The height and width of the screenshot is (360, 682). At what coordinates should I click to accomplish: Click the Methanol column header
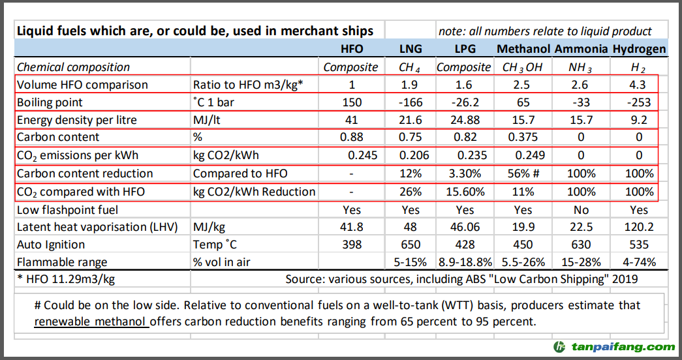tap(523, 49)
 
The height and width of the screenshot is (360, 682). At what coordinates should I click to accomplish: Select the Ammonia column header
tap(581, 49)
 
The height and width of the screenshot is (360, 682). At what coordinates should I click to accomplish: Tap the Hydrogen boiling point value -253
tap(640, 102)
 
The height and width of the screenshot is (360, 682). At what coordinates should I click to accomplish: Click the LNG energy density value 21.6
tap(411, 120)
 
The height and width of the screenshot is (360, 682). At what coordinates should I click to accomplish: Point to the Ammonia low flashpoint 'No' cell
tap(581, 209)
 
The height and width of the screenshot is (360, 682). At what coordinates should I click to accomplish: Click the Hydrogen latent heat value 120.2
tap(640, 227)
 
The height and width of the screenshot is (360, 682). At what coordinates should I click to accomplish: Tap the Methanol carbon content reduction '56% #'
tap(523, 173)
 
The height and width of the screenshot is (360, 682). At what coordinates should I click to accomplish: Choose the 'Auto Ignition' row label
tap(51, 245)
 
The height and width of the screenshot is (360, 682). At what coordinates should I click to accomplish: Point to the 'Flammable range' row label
tap(62, 262)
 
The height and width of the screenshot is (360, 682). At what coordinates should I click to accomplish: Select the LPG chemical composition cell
tap(463, 67)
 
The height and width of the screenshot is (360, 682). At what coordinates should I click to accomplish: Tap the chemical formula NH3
tap(580, 67)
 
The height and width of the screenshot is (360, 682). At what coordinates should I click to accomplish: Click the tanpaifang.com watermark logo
tap(613, 347)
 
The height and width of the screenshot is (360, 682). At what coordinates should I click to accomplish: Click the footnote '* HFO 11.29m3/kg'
tap(66, 280)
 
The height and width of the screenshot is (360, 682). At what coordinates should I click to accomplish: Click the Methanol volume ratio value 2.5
tap(523, 85)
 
